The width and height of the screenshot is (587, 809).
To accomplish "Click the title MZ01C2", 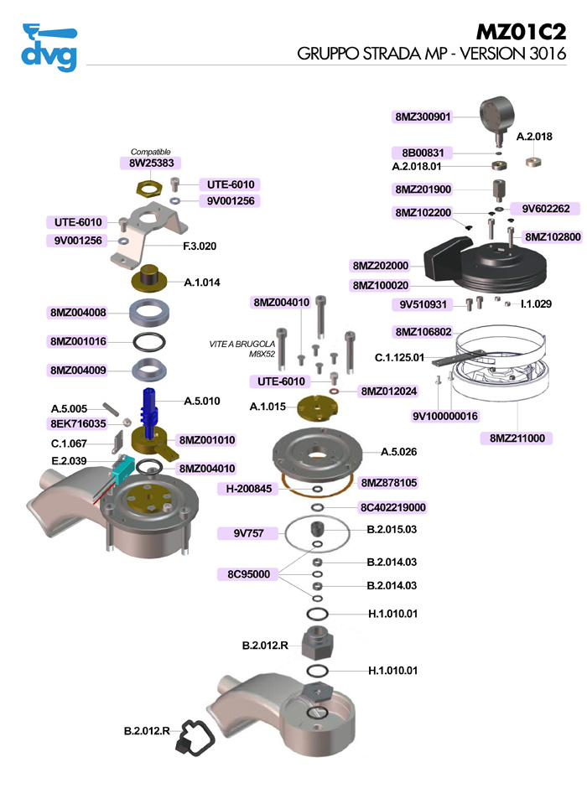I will [521, 32].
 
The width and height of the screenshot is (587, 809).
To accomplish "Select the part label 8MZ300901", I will [423, 117].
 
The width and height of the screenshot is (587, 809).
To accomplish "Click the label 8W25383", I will [151, 163].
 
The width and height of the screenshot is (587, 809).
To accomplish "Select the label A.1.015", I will [268, 407].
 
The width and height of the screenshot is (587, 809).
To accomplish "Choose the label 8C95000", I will [248, 574].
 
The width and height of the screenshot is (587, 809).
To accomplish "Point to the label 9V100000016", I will [444, 416].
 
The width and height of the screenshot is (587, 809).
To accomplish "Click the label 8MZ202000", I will [380, 267].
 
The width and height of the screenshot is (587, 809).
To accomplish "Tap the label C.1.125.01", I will [400, 358].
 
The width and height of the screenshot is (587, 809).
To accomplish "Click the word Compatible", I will [151, 151].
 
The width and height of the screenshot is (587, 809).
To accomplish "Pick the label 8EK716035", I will [78, 424].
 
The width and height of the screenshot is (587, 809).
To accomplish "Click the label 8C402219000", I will [392, 507].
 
